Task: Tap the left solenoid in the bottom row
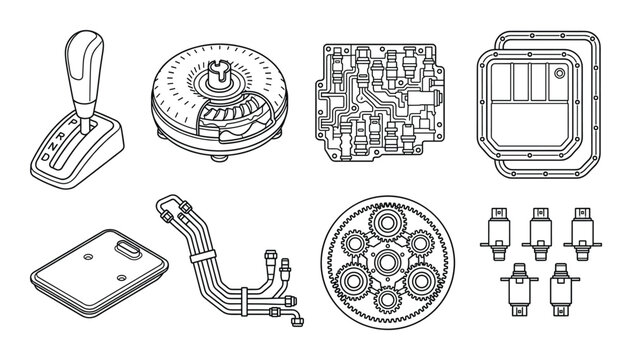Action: pyautogui.click(x=519, y=281)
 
